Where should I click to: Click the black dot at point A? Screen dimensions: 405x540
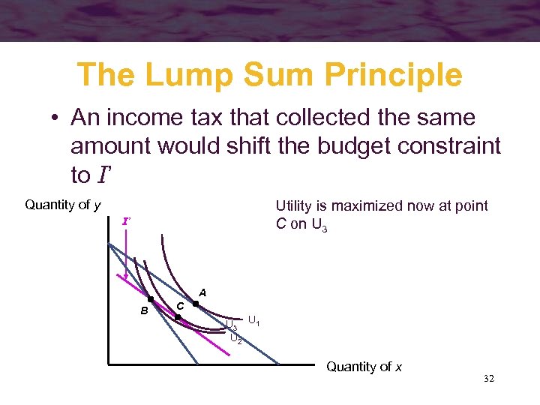coord(195,304)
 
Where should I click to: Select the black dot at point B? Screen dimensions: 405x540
coord(151,300)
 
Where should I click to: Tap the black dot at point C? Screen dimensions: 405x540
coord(178,318)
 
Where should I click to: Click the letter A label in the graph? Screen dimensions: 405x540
coord(202,292)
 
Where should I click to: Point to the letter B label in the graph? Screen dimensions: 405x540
coord(142,310)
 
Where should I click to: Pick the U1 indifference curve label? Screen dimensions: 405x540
coord(253,322)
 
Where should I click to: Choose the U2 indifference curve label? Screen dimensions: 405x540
coord(235,339)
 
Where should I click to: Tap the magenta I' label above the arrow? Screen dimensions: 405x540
coord(127,222)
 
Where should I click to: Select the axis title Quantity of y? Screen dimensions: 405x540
coord(63,205)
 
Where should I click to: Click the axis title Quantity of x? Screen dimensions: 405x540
coord(364,367)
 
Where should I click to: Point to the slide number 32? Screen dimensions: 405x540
coord(489,380)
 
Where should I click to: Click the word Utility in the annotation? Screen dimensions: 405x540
coord(298,206)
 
